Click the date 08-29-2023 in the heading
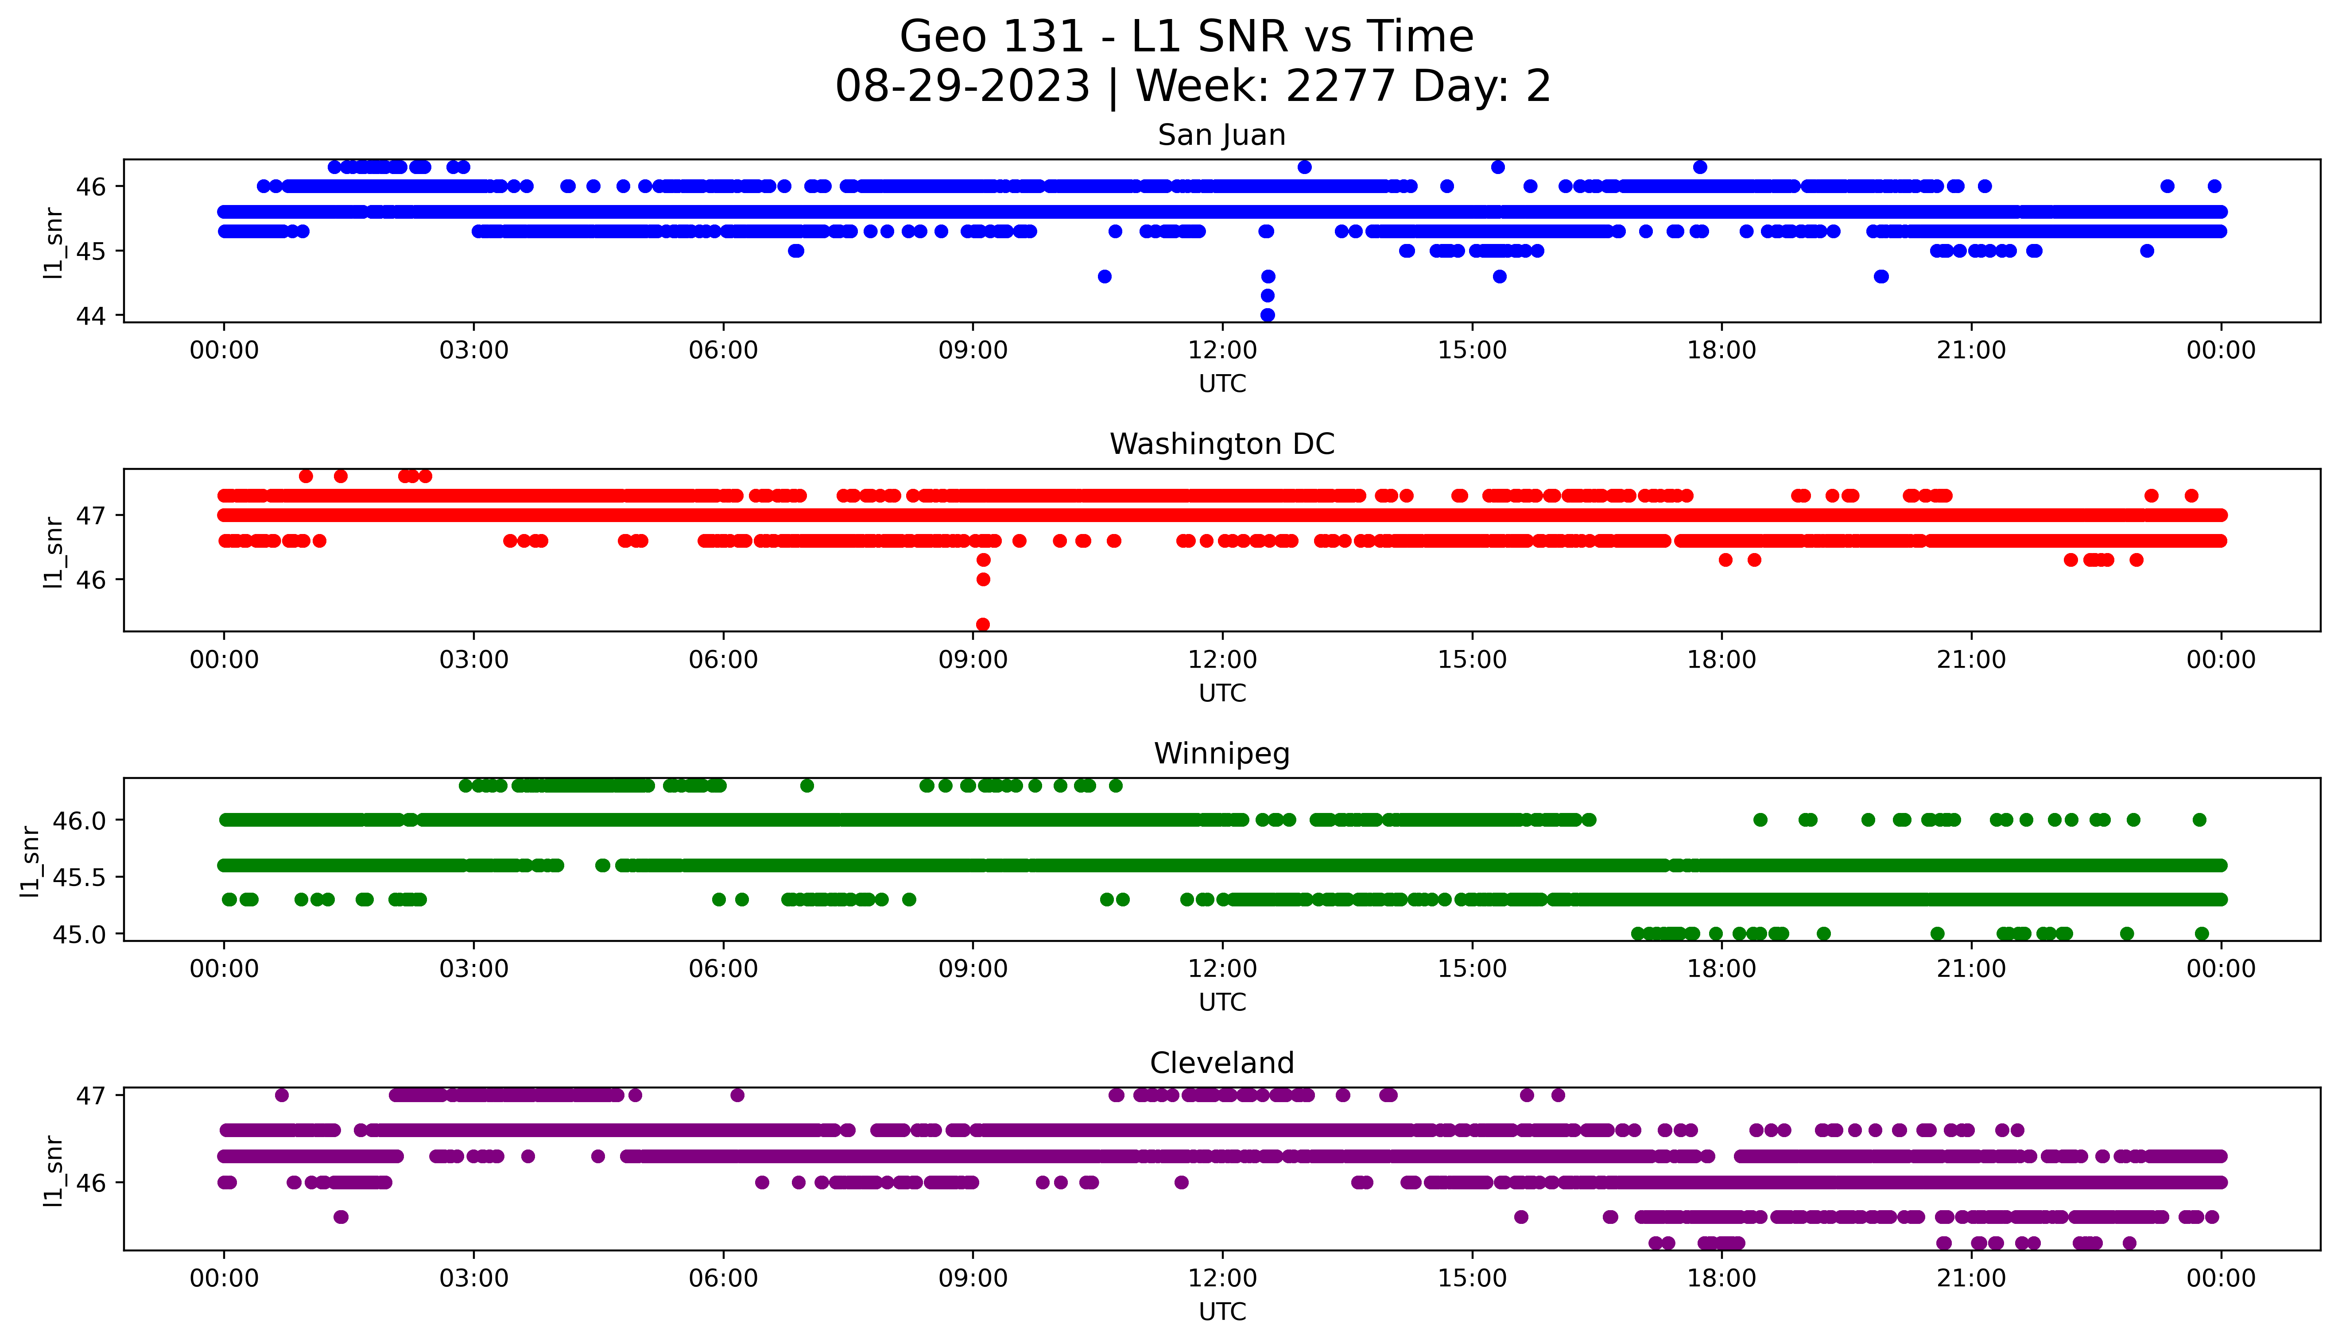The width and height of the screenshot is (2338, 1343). click(x=962, y=87)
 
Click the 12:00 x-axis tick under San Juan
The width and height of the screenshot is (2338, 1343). click(x=1222, y=351)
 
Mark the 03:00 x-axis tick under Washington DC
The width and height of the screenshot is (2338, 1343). click(x=474, y=661)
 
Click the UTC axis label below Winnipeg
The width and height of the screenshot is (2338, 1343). click(x=1222, y=1002)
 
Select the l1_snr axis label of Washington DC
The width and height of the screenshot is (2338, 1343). click(x=54, y=552)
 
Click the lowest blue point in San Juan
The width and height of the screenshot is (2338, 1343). click(x=1267, y=314)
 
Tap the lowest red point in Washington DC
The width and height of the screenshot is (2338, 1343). click(x=983, y=624)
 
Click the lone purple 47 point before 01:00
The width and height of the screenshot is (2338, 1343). click(x=282, y=1095)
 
